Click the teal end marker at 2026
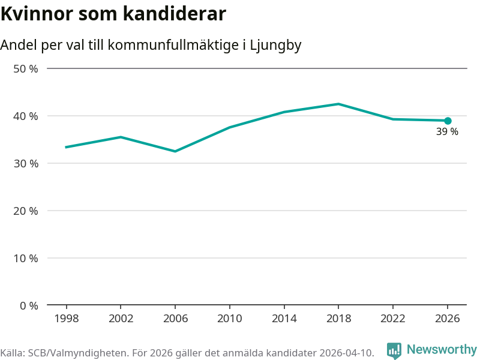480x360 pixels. [448, 121]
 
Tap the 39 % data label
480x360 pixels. [447, 131]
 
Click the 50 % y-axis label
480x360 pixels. [26, 69]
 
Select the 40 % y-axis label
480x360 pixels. [26, 116]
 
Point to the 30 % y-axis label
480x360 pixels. [26, 163]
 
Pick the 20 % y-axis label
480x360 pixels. [26, 211]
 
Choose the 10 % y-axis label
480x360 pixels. [26, 259]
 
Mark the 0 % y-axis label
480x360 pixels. [29, 305]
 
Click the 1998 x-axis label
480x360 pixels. [67, 319]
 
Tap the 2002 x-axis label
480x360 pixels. [121, 319]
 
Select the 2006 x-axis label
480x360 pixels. [175, 319]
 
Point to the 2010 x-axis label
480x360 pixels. [230, 319]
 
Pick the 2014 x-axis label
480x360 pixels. [284, 319]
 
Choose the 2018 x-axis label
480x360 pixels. [338, 319]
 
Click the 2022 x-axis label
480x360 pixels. [393, 319]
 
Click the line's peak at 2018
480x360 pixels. [338, 104]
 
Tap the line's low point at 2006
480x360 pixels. [175, 151]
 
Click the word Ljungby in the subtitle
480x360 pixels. [275, 46]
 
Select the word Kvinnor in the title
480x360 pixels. [37, 14]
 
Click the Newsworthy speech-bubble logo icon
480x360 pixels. [394, 350]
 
